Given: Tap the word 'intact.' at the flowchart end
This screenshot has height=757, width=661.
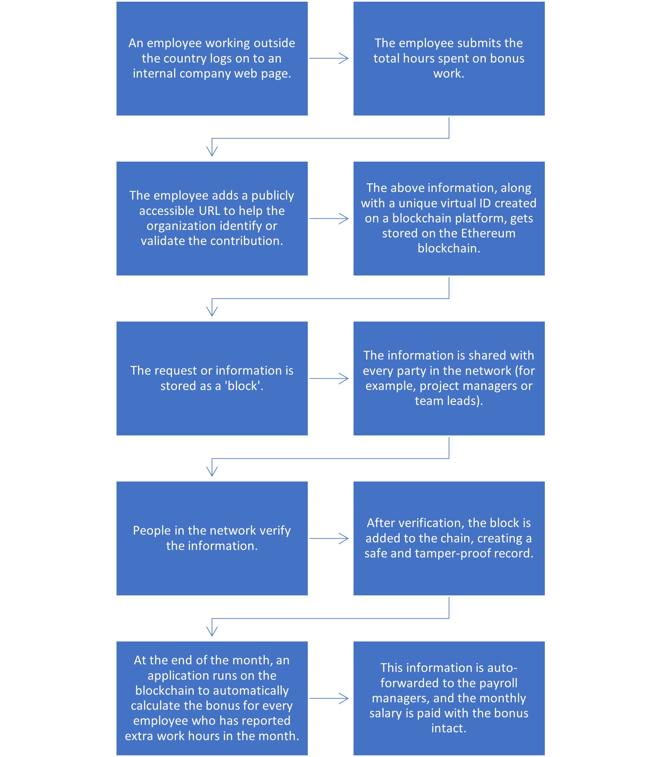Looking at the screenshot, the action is pyautogui.click(x=449, y=728).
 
